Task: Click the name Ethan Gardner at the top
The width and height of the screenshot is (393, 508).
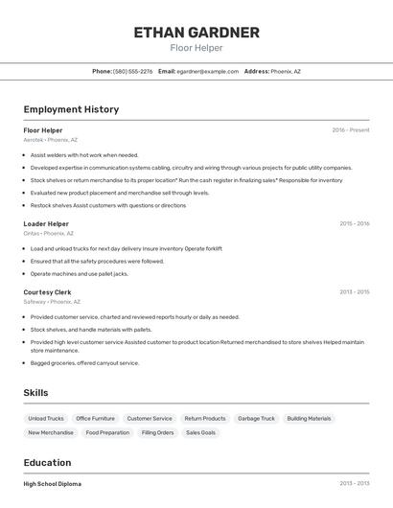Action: [x=196, y=33]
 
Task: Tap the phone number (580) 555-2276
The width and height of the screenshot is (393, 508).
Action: [x=132, y=71]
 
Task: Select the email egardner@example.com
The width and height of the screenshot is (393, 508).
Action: [x=207, y=71]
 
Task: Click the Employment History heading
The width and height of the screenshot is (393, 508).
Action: [x=71, y=109]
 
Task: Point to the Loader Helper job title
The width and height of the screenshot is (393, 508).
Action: [x=46, y=223]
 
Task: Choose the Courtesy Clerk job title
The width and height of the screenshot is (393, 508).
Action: [x=47, y=292]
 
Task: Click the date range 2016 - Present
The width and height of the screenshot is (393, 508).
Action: [x=350, y=130]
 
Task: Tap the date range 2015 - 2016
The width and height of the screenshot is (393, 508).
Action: [x=354, y=223]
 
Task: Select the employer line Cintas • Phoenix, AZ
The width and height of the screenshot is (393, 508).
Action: [x=48, y=233]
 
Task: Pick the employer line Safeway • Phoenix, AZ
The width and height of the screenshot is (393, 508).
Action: [x=52, y=302]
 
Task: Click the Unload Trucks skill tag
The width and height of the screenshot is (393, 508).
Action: [x=46, y=418]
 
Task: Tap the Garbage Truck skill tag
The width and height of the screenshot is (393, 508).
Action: [x=256, y=418]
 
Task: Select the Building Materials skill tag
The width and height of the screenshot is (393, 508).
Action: [x=309, y=418]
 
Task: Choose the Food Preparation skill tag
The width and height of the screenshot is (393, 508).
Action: [x=107, y=432]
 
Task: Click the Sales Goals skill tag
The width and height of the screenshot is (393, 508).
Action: [x=200, y=432]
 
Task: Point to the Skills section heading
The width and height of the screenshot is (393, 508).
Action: [x=35, y=393]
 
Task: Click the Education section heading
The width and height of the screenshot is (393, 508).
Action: [x=47, y=462]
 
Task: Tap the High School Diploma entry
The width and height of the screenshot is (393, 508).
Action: [x=53, y=484]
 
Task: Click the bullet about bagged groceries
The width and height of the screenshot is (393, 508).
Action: [x=84, y=363]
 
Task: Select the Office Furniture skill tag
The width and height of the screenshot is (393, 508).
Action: [x=95, y=418]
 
